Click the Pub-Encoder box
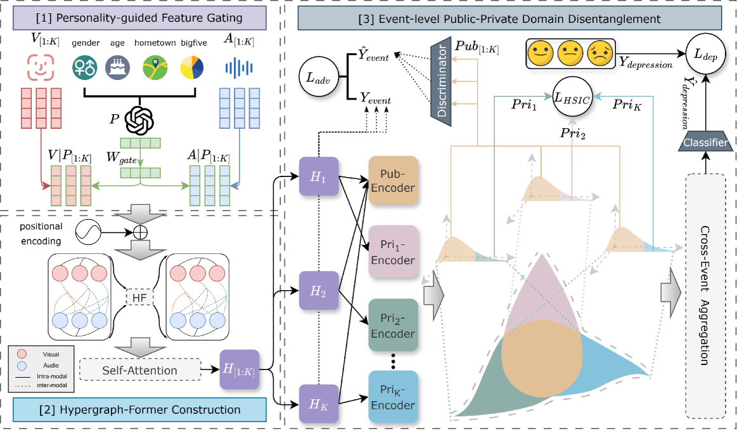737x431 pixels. click(x=393, y=180)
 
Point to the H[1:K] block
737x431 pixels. click(x=239, y=369)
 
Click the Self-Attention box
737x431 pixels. click(x=139, y=370)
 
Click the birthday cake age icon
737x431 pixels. click(x=119, y=65)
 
